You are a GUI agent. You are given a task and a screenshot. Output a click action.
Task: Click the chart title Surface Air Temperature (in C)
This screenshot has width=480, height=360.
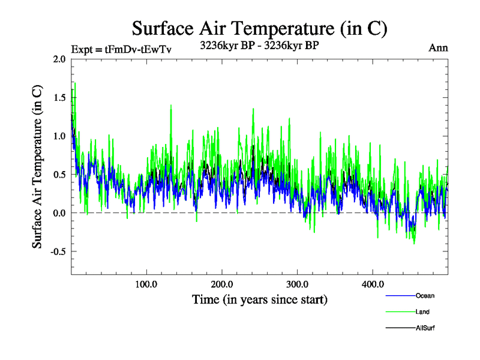tap(259, 28)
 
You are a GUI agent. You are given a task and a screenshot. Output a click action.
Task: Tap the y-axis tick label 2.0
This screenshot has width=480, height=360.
tap(59, 59)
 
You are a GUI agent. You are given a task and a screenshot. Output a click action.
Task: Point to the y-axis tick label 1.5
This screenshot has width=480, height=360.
tap(59, 97)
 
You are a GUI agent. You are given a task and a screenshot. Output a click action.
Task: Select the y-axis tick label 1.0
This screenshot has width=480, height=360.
tap(59, 136)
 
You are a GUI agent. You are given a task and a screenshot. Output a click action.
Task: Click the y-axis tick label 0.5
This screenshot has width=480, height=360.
tap(59, 174)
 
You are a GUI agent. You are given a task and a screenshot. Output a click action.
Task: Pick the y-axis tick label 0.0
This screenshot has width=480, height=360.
tap(59, 213)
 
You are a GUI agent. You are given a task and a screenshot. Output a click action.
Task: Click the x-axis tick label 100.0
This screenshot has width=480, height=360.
tap(146, 284)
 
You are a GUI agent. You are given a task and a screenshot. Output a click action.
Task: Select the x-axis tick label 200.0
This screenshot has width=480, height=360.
tap(222, 284)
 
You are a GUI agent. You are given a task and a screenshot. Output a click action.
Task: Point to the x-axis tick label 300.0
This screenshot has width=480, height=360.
tap(298, 284)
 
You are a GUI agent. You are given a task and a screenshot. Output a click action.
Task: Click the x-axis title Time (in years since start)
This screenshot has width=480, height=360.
tap(260, 299)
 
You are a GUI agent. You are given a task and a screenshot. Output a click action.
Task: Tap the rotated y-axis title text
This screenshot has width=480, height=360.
tap(37, 167)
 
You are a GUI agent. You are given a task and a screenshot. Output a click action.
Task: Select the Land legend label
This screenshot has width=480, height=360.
tap(422, 312)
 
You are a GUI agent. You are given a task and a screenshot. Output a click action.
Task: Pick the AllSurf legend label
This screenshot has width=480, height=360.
tap(425, 328)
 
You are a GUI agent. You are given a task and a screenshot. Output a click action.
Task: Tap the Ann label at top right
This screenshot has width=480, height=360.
tap(439, 48)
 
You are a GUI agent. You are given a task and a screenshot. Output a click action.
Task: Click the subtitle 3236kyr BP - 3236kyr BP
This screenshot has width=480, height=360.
tap(259, 44)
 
